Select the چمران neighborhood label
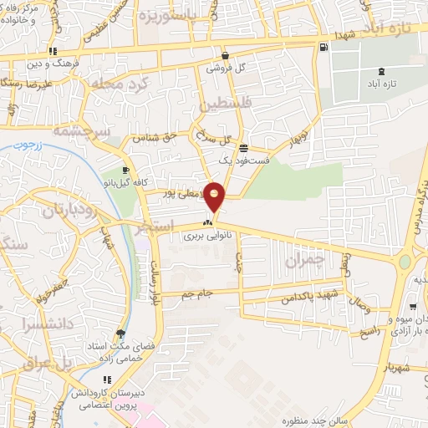[303, 261]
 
